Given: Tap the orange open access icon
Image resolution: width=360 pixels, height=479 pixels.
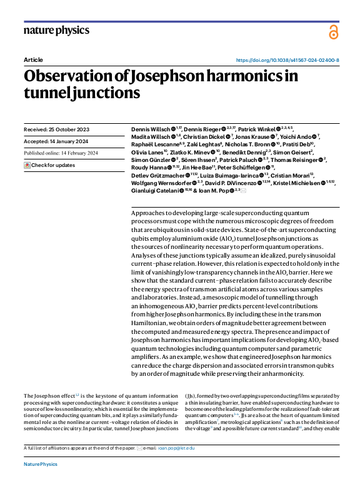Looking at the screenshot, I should pos(333,31).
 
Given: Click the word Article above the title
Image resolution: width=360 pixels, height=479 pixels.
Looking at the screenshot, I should pos(33,60).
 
